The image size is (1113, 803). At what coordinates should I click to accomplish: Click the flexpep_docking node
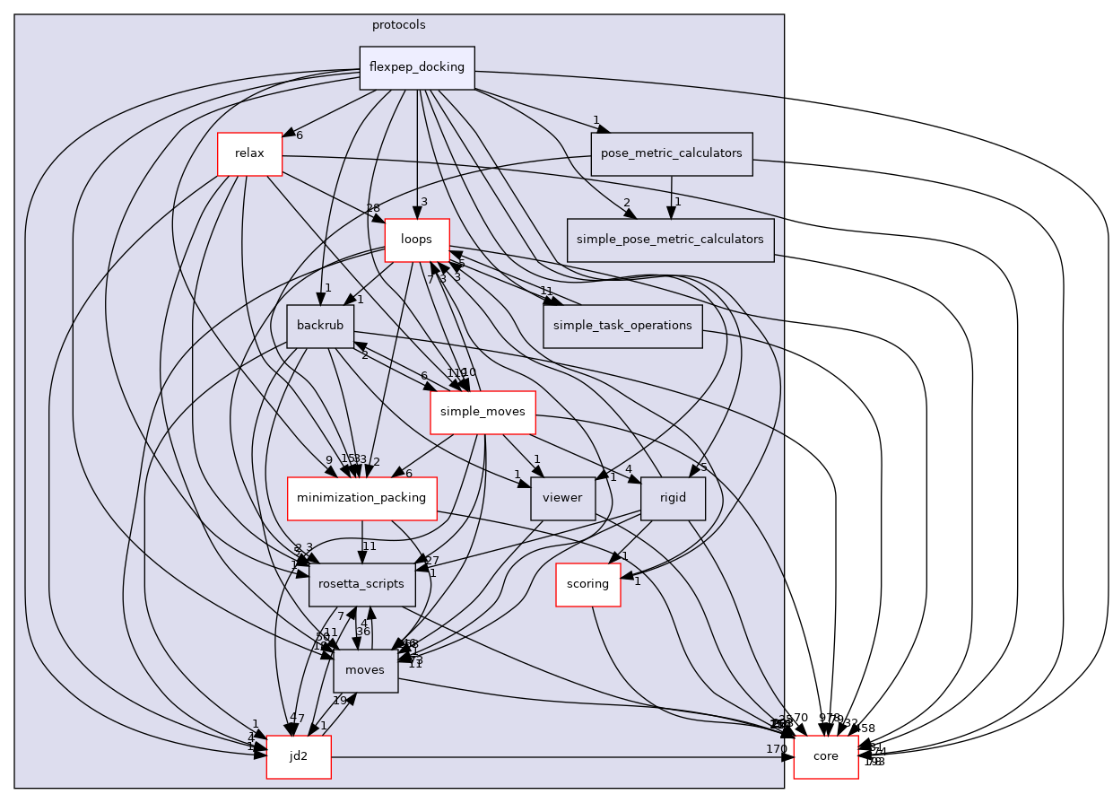point(416,67)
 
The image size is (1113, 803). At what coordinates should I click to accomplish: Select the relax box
point(249,153)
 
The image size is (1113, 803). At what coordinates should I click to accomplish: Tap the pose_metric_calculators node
point(671,153)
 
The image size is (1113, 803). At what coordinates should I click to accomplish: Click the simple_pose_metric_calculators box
point(670,240)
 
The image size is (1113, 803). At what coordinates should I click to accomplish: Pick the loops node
point(416,240)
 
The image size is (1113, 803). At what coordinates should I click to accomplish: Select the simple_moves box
point(483,413)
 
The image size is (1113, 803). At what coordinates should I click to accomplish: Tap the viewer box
point(563,499)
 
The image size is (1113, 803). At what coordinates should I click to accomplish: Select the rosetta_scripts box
point(361,585)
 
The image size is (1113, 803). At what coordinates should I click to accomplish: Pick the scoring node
point(588,585)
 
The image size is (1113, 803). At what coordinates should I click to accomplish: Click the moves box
point(365,671)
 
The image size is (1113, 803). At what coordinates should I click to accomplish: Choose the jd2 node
point(299,757)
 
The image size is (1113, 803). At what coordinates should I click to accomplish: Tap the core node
point(825,757)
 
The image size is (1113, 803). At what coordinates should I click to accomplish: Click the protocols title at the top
point(398,24)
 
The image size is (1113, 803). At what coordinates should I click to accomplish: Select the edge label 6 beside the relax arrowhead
point(299,135)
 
